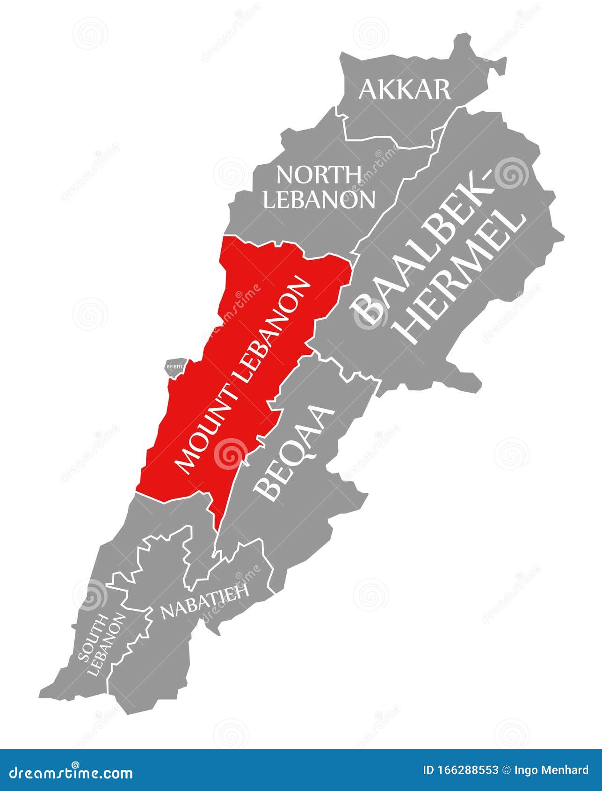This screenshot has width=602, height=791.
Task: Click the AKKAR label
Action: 405,89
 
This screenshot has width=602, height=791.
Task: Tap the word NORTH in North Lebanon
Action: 319,175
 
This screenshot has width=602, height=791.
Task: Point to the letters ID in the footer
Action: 428,770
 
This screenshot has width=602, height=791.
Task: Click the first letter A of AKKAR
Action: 369,90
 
